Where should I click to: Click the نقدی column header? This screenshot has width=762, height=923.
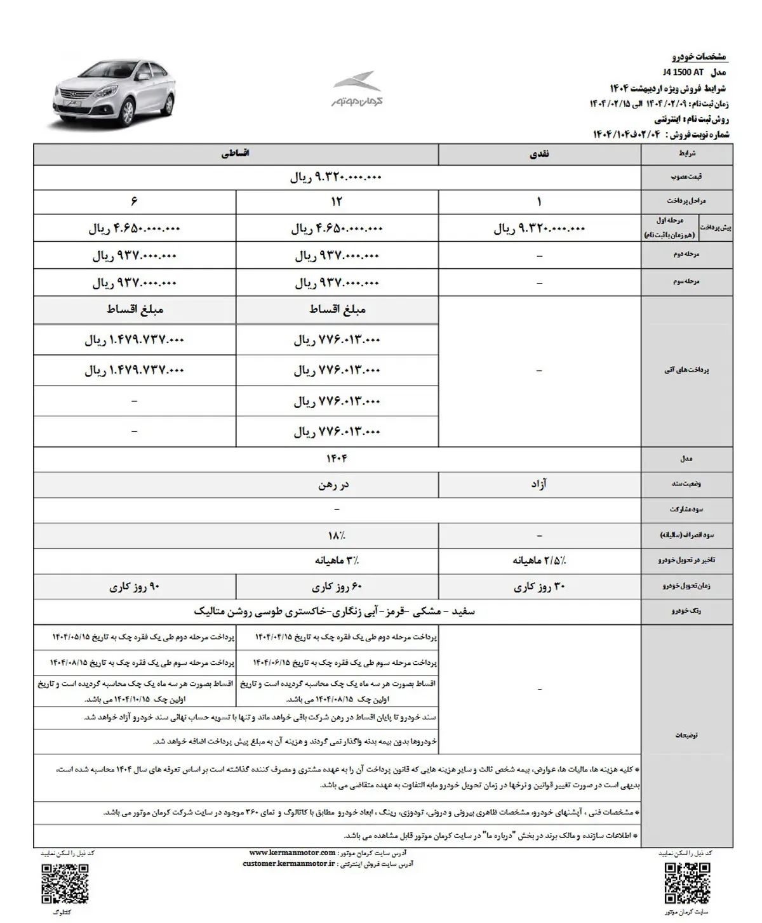[x=539, y=154]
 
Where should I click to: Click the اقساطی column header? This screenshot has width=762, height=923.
[x=236, y=154]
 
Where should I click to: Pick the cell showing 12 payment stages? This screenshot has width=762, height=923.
[x=337, y=202]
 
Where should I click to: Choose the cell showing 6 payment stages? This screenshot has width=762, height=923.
[x=134, y=202]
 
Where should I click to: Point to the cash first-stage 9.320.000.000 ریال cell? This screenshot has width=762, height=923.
[x=539, y=228]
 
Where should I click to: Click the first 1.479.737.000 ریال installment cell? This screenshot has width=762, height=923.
[x=134, y=340]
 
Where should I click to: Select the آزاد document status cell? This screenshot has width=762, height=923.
[x=539, y=484]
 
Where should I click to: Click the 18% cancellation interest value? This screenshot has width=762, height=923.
[x=337, y=535]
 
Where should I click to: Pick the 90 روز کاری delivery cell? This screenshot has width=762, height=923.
[x=134, y=587]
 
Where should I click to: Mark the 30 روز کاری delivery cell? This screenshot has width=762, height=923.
[x=539, y=587]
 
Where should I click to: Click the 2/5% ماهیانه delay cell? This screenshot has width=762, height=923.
[x=539, y=561]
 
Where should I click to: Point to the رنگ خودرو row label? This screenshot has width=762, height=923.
[x=687, y=611]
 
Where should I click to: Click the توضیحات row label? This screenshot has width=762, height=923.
[x=687, y=735]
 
